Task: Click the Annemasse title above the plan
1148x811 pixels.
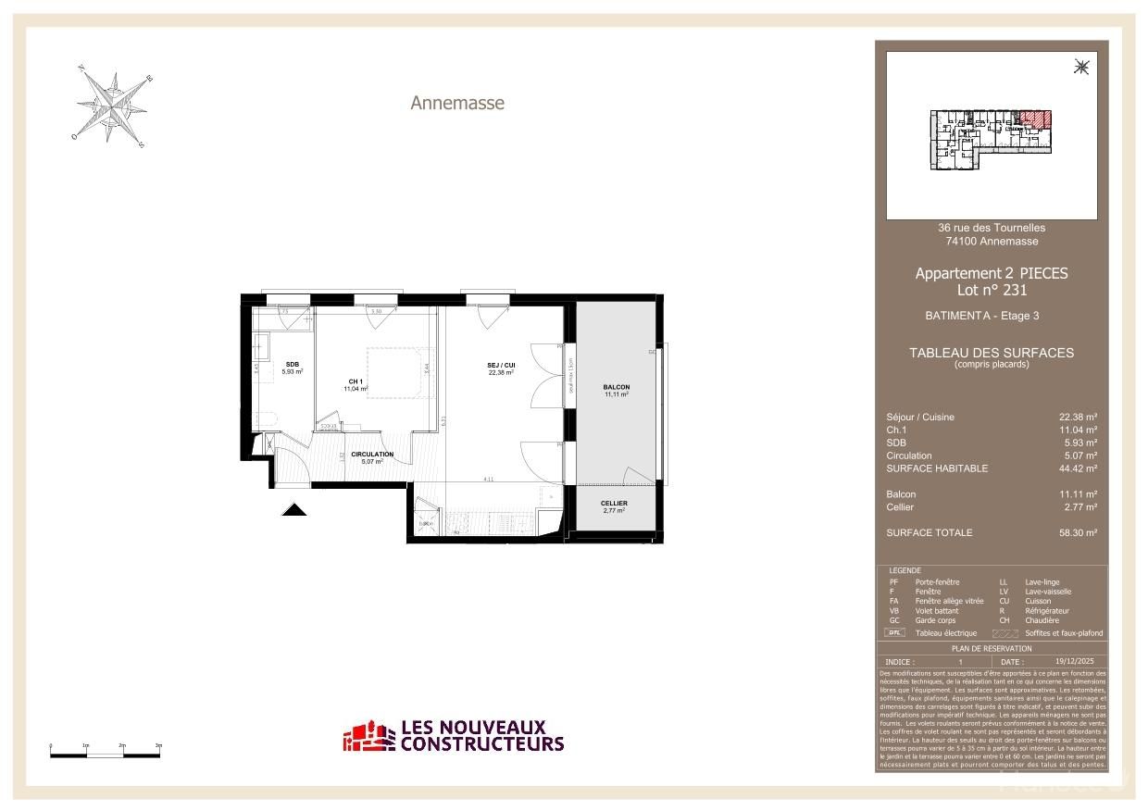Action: pyautogui.click(x=457, y=103)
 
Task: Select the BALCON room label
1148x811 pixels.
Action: pyautogui.click(x=617, y=387)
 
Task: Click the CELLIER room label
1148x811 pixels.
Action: pyautogui.click(x=615, y=504)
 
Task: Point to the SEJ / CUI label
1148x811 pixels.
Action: pyautogui.click(x=501, y=365)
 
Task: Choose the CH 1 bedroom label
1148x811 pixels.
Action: pyautogui.click(x=356, y=381)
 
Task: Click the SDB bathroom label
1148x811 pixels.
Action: pyautogui.click(x=293, y=364)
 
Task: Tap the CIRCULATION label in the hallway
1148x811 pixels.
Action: pyautogui.click(x=372, y=454)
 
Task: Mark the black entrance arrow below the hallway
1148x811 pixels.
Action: pyautogui.click(x=294, y=508)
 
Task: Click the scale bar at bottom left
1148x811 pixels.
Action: pyautogui.click(x=106, y=755)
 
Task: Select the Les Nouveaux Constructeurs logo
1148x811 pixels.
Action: pyautogui.click(x=454, y=736)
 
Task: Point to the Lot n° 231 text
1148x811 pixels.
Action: pyautogui.click(x=992, y=290)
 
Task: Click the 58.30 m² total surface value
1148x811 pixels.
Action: pyautogui.click(x=1079, y=533)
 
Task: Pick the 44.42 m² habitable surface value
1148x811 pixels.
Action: pyautogui.click(x=1079, y=468)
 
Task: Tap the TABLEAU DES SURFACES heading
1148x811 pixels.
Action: pyautogui.click(x=992, y=353)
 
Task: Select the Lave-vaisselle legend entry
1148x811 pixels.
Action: pyautogui.click(x=1048, y=592)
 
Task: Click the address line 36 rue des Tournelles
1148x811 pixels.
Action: pyautogui.click(x=992, y=228)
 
